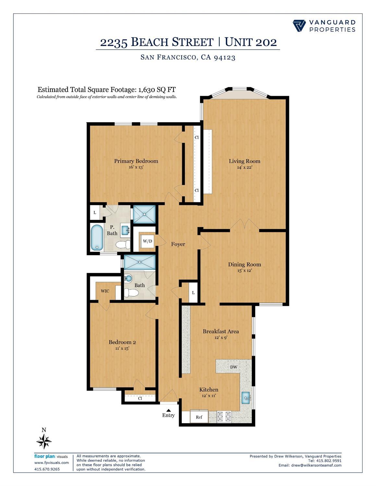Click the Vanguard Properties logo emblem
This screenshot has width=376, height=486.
[299, 26]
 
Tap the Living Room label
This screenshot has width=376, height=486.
[244, 161]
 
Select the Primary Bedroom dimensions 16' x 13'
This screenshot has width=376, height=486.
[136, 167]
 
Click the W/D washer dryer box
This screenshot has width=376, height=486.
[147, 241]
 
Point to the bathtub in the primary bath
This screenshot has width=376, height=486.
[96, 237]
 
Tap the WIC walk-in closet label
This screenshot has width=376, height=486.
[105, 291]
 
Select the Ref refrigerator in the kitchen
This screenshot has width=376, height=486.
[199, 417]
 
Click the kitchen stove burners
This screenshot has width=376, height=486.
[224, 416]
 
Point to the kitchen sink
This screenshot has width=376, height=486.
[246, 397]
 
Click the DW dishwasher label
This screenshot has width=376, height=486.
[234, 367]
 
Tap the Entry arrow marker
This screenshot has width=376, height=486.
[168, 410]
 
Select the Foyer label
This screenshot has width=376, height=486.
[178, 244]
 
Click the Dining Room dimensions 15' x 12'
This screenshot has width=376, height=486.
[244, 270]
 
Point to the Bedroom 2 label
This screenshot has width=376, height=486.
[122, 342]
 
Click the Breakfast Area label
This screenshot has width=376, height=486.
[221, 331]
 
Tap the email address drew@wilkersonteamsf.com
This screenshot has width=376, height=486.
[316, 465]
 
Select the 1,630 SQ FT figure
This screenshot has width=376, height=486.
[157, 90]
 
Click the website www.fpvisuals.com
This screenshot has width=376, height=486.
[52, 463]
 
